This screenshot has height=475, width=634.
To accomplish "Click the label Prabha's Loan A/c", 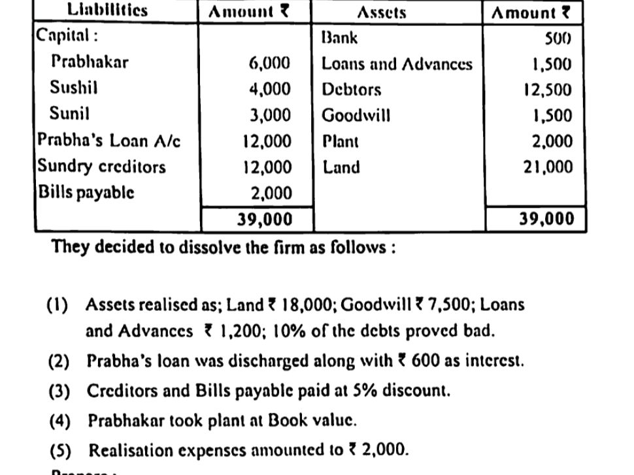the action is point(108,140).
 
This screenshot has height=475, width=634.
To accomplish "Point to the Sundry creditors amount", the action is point(267,167).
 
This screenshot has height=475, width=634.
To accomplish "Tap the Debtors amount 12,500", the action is point(547,90).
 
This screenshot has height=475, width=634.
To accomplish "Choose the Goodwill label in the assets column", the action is point(356,116).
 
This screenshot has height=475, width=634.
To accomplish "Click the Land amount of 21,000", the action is point(547,167).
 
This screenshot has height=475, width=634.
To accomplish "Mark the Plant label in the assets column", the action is point(340,141).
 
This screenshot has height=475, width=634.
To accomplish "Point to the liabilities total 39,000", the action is point(264,220).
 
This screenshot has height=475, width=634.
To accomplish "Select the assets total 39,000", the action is point(546,219).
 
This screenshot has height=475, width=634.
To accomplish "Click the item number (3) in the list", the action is point(58,391).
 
